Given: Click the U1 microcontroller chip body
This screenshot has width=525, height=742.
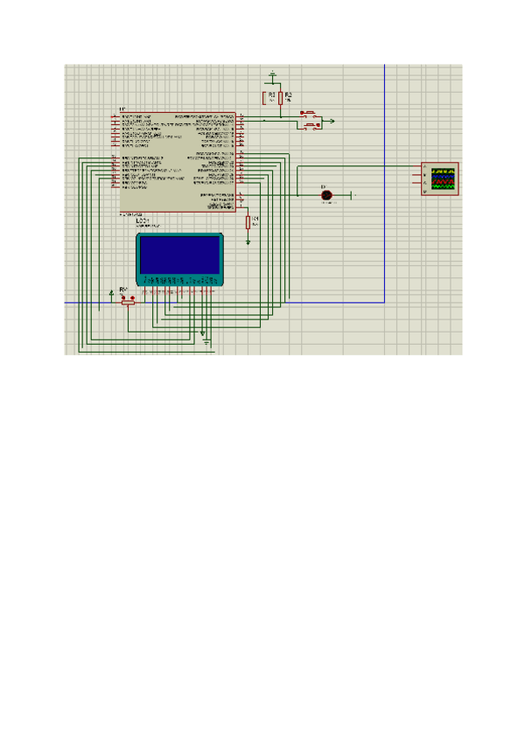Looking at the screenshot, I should tap(175, 162).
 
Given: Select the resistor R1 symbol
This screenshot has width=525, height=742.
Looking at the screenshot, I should tap(248, 222).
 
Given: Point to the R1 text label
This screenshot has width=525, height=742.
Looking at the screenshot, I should tap(255, 217).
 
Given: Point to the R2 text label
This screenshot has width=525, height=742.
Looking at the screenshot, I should tap(288, 93).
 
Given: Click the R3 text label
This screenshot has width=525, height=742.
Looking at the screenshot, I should tap(271, 93).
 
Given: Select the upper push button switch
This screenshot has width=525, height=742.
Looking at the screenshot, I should tap(309, 114).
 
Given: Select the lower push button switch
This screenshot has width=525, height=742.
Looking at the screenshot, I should tap(309, 126).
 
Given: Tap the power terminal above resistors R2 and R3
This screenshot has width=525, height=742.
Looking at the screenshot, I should tap(272, 73).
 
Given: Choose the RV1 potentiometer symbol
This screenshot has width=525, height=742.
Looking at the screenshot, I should tap(129, 299).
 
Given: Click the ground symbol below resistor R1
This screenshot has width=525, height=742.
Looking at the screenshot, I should tap(248, 240).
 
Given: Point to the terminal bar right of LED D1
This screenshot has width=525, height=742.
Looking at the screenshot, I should tap(352, 194).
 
